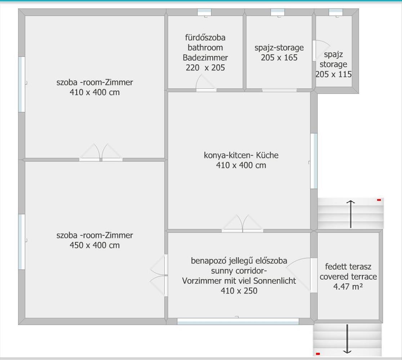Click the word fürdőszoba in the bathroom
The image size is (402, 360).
point(205,38)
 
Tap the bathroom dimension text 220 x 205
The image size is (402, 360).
point(205,68)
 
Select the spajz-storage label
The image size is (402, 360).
point(279,48)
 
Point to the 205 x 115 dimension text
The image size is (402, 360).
point(333,74)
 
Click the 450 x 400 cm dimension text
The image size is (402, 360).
point(95,245)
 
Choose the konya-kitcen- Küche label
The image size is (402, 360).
point(241,155)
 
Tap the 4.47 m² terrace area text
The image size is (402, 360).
point(348,287)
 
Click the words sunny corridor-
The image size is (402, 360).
point(239,271)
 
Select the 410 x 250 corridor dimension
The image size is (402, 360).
point(239,291)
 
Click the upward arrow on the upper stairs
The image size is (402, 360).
point(350,214)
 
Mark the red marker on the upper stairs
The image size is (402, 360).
point(379,200)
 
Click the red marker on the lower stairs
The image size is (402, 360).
point(318,354)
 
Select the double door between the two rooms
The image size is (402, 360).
point(101,152)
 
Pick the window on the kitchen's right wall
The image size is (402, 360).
point(314,161)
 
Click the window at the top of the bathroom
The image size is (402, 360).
point(204,12)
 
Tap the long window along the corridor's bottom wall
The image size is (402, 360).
point(238,321)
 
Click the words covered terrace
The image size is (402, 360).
point(348,277)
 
